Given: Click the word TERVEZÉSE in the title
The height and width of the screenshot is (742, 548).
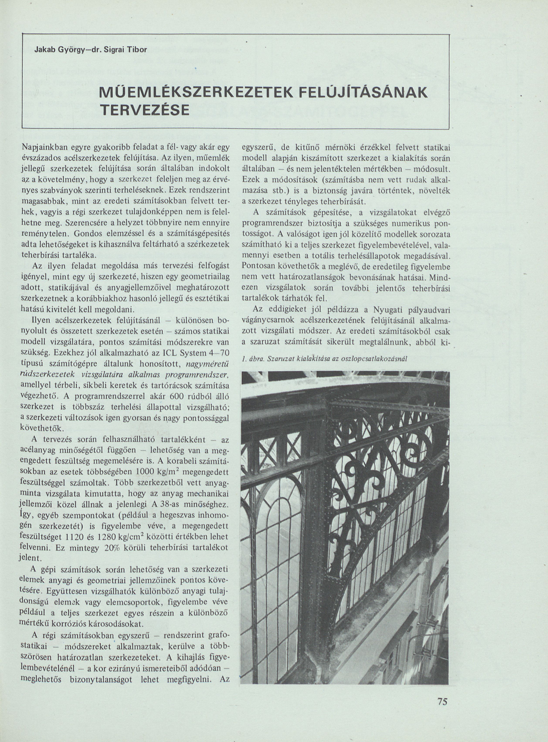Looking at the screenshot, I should point(145,109).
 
